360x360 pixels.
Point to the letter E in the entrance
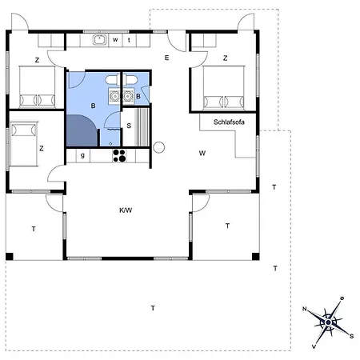167,58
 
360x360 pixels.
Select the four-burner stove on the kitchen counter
119,155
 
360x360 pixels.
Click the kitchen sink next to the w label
99,39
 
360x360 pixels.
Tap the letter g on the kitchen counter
82,156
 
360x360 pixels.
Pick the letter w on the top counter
116,39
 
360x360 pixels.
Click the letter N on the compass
305,308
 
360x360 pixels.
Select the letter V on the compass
314,346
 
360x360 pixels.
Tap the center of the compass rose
328,322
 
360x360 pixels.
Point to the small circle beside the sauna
158,146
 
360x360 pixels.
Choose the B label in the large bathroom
94,106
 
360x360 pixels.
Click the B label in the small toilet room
138,98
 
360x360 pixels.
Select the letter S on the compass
351,335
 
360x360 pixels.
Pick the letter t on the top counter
129,39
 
